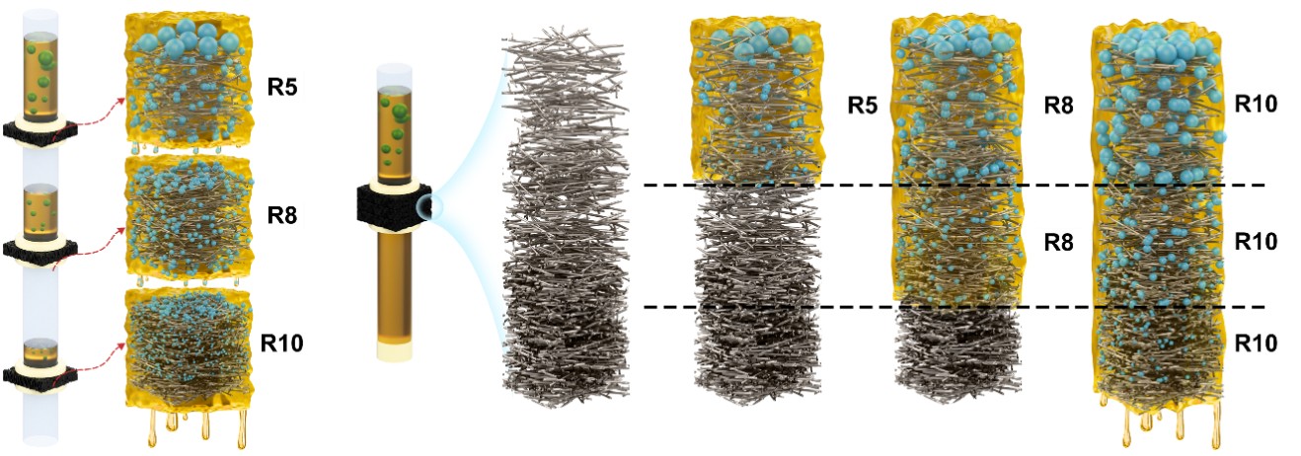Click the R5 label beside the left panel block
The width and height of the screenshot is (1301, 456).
[x=284, y=85]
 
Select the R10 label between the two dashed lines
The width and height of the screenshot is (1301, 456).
[x=1256, y=241]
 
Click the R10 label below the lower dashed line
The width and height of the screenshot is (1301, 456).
[x=1256, y=342]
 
